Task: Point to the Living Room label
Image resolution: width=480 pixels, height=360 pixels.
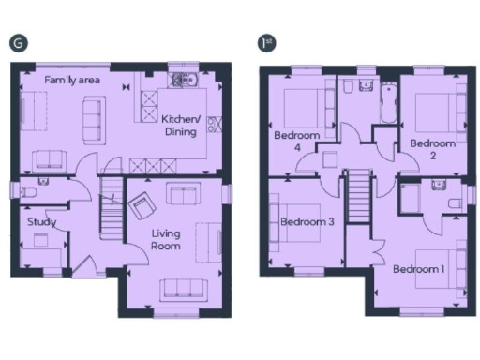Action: coord(165,240)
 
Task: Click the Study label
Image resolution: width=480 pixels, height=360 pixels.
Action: coord(41,222)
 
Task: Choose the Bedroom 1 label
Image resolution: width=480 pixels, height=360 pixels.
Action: coord(418,269)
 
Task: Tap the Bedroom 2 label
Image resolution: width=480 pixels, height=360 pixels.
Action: coord(432,149)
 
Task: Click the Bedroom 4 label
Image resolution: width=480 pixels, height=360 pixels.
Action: coord(296,142)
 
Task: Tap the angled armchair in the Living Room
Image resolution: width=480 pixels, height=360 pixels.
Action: coord(143,204)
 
